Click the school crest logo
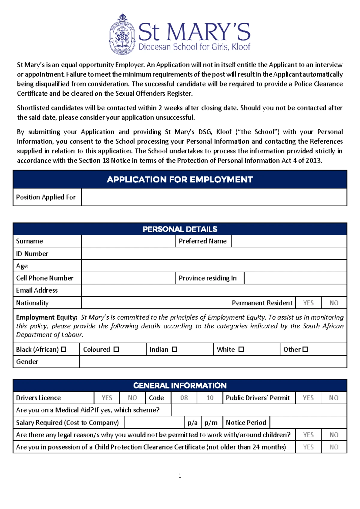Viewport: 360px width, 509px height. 122,34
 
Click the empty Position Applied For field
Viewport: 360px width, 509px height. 214,197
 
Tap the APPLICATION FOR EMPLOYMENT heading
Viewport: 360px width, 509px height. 180,179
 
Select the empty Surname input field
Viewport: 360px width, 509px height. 128,241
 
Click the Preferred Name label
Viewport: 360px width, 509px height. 203,241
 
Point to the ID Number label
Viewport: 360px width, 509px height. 32,254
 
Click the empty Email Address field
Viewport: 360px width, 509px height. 214,290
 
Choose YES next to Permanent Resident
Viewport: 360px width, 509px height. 308,303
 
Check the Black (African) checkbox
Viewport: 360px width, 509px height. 64,349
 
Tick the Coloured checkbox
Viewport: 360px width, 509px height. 116,349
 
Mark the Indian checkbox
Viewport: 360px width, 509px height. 175,349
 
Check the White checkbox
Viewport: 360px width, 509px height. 241,349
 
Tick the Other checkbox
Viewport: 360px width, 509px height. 305,349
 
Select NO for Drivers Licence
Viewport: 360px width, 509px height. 132,398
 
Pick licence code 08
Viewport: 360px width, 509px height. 184,398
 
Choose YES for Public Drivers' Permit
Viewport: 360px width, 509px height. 308,398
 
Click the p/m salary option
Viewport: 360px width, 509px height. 211,423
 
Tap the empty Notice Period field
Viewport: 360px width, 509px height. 308,423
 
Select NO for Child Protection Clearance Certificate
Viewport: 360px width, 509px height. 334,447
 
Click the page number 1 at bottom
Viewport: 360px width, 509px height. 180,476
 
